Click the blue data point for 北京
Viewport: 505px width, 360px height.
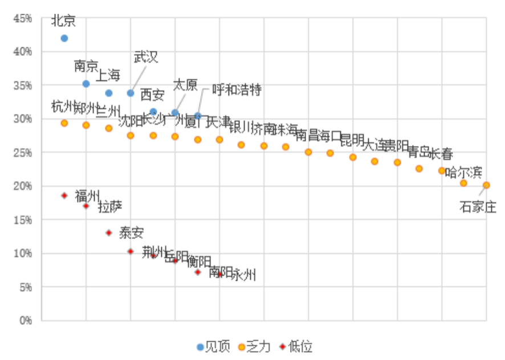pos(64,38)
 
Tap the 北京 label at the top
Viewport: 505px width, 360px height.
pos(63,21)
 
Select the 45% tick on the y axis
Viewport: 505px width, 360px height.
pos(23,18)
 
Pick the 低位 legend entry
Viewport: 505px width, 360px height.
pos(295,346)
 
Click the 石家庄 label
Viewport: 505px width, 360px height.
pos(478,207)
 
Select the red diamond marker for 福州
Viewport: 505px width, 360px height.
pos(64,195)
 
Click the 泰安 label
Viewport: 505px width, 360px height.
pos(131,232)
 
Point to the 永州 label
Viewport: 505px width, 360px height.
pos(244,275)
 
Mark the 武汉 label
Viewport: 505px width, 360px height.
pos(145,56)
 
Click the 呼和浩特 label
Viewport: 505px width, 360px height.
pos(237,89)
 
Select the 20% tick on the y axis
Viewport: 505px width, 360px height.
pos(23,186)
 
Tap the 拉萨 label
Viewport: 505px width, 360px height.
pos(110,207)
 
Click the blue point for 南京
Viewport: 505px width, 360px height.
pos(86,84)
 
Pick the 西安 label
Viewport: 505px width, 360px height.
pos(152,95)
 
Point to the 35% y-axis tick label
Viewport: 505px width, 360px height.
pos(23,85)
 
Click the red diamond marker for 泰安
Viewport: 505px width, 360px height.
pos(109,232)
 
